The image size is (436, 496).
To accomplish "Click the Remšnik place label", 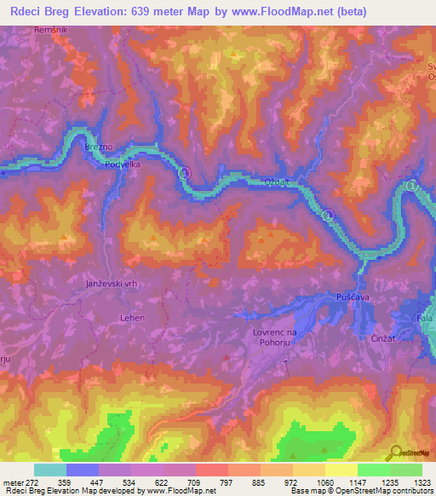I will click(49, 30).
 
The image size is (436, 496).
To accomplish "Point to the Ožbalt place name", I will click(278, 182).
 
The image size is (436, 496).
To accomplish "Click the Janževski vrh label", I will click(112, 285).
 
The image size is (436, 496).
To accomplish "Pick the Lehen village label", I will click(131, 318).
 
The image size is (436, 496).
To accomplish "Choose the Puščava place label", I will click(341, 297).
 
